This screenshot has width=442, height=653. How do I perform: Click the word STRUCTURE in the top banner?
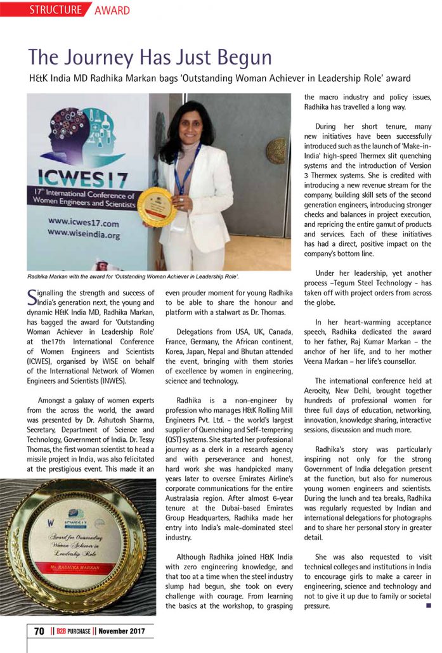(56, 10)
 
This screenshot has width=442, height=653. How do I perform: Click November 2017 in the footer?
(122, 631)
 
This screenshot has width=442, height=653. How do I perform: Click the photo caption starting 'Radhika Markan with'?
(133, 277)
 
